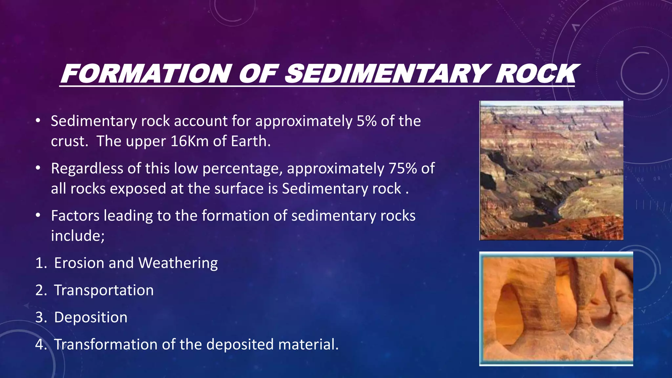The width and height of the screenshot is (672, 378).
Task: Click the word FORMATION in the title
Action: (146, 73)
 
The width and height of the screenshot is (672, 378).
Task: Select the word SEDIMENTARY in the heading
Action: (387, 73)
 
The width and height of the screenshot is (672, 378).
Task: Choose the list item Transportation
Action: (104, 290)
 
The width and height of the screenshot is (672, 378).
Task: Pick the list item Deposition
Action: (91, 318)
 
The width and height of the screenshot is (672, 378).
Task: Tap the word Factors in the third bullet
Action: (75, 216)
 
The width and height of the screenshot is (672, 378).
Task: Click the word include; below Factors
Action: (78, 236)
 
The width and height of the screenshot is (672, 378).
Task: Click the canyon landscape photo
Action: (551, 170)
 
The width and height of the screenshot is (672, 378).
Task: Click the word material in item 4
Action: (307, 345)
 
